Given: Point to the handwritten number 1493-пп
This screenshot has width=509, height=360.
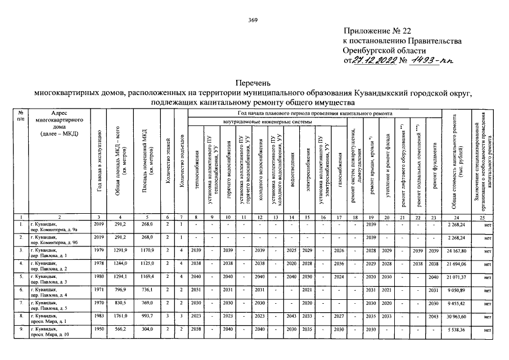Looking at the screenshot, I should [429, 60].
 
